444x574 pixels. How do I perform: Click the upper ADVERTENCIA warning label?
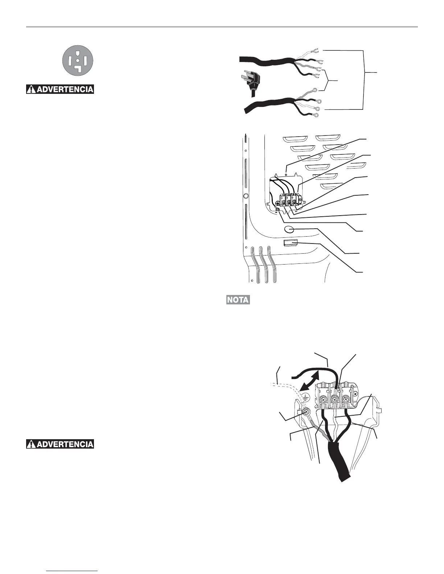(x=60, y=89)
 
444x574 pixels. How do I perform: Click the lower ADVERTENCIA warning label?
(x=60, y=444)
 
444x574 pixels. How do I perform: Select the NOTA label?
(x=238, y=300)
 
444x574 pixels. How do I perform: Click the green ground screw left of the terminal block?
(x=306, y=411)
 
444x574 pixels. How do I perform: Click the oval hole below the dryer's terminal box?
(x=289, y=229)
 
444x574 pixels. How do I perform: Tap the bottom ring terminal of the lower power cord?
(x=316, y=116)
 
